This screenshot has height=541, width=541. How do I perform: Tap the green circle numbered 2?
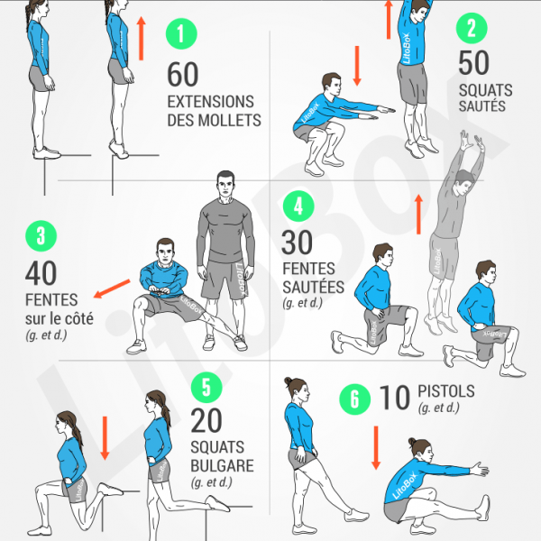pyautogui.click(x=471, y=27)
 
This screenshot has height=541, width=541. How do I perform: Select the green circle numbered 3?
pyautogui.click(x=41, y=236)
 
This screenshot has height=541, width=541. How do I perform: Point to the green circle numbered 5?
pyautogui.click(x=206, y=388)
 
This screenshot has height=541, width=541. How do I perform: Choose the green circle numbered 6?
pyautogui.click(x=353, y=398)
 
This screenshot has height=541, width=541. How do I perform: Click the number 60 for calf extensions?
pyautogui.click(x=183, y=73)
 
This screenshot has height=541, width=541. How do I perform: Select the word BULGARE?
pyautogui.click(x=222, y=466)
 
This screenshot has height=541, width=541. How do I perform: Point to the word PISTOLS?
pyautogui.click(x=447, y=392)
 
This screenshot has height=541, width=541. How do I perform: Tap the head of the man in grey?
pyautogui.click(x=225, y=187)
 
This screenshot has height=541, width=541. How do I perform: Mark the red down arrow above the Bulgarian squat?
pyautogui.click(x=105, y=432)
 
